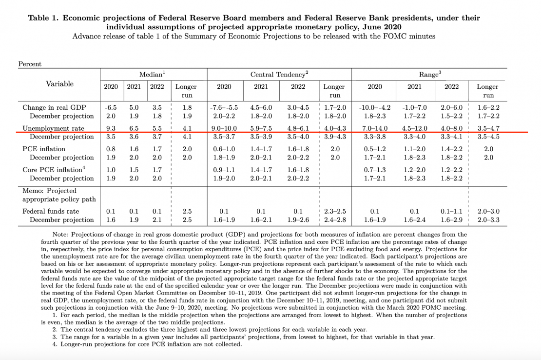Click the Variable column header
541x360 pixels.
(60, 84)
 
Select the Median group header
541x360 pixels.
(152, 74)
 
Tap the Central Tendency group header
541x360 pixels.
(279, 74)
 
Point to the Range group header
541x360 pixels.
(430, 74)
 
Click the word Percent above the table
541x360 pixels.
(30, 64)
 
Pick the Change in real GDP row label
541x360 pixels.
(54, 107)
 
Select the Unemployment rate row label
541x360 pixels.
(53, 128)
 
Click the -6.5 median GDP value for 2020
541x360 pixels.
(111, 107)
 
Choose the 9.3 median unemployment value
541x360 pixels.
(111, 128)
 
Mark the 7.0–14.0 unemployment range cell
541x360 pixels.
(375, 128)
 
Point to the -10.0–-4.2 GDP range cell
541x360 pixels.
(375, 107)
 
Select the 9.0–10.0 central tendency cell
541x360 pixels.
(224, 128)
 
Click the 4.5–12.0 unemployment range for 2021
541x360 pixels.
(414, 128)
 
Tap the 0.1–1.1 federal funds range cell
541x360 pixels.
(451, 212)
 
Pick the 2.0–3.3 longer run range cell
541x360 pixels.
(488, 220)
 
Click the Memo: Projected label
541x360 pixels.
(50, 191)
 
